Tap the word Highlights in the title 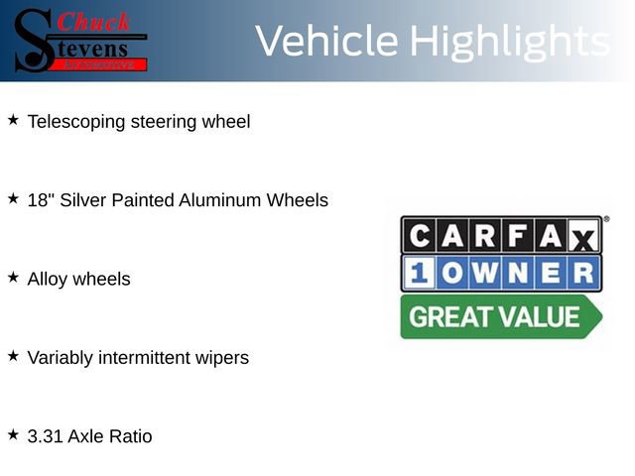click(509, 41)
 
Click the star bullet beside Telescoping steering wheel click(13, 120)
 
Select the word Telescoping click(76, 122)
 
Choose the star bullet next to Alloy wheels click(13, 278)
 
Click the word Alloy click(49, 280)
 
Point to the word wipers click(222, 358)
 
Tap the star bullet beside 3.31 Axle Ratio click(13, 434)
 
